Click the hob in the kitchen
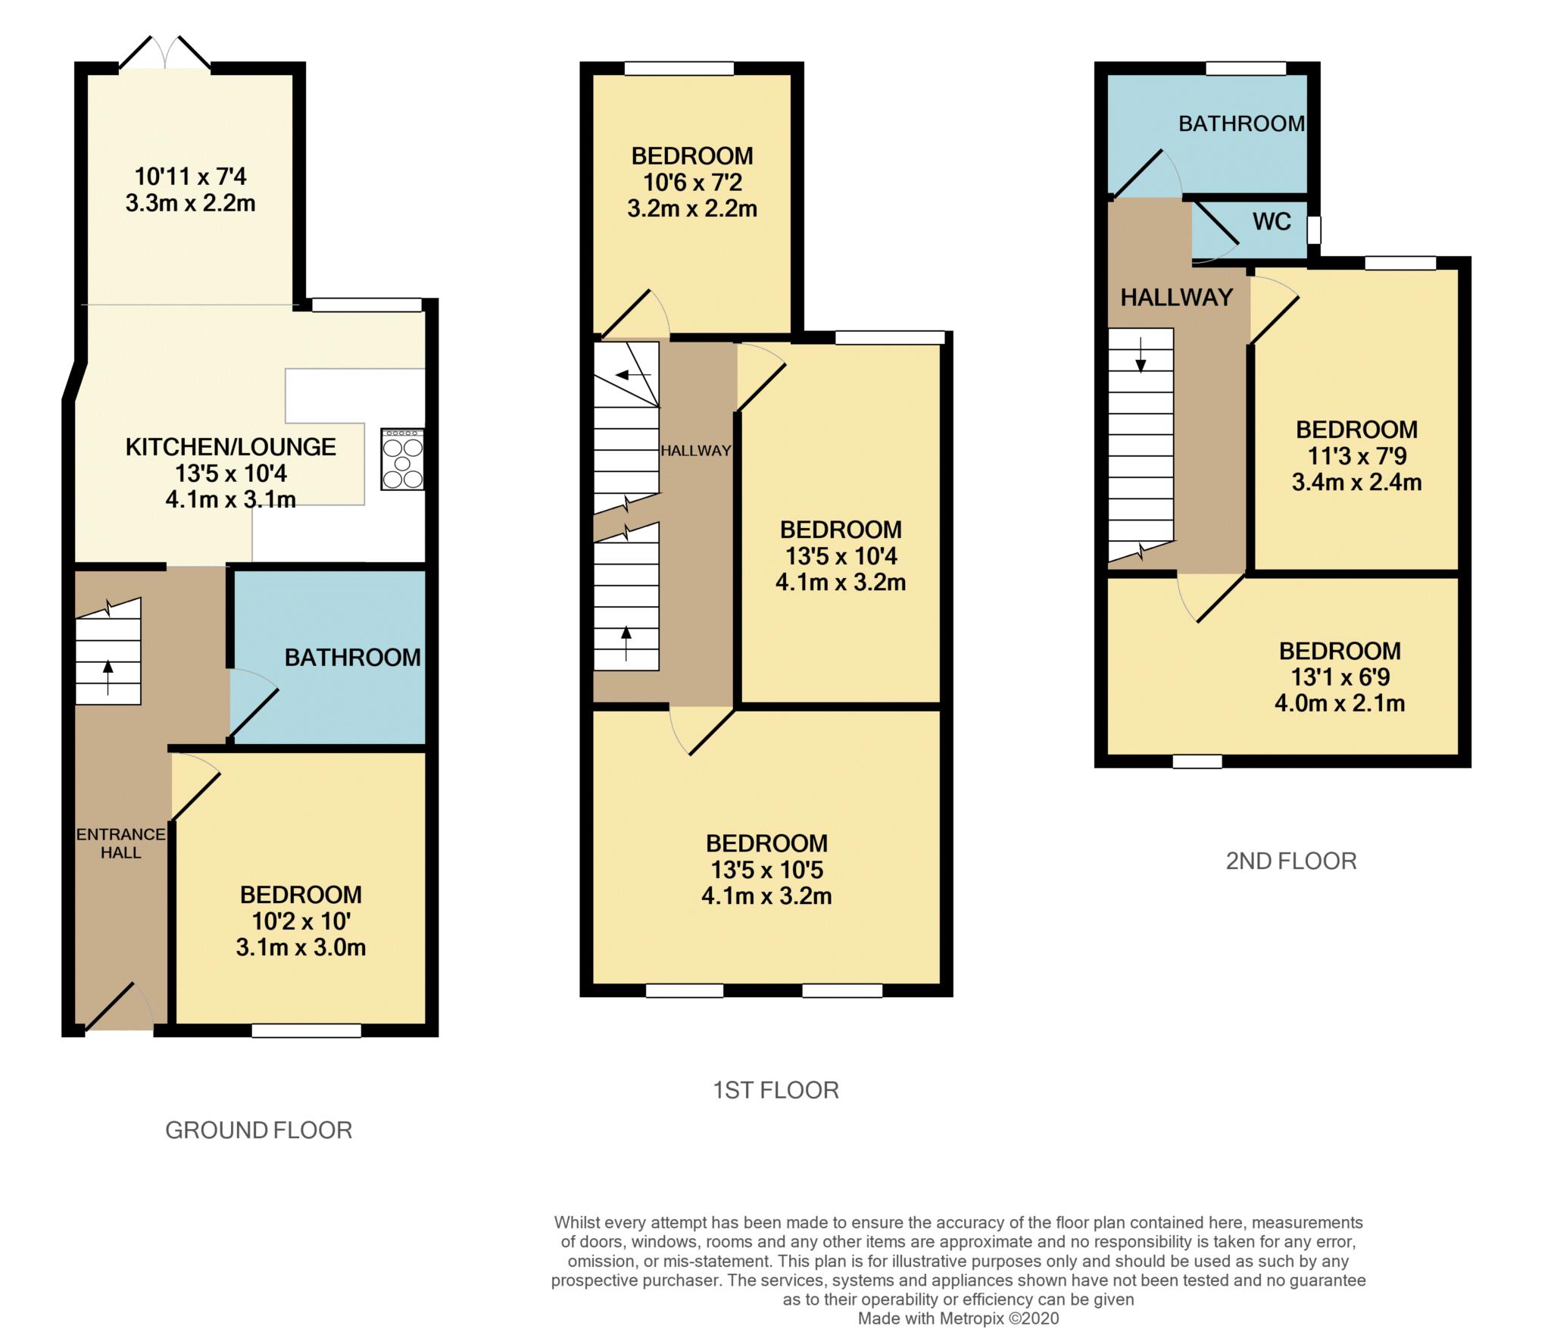point(403,460)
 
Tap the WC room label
point(1272,222)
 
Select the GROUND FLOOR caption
point(259,1130)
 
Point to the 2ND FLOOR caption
point(1291,861)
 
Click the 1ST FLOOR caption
point(776,1090)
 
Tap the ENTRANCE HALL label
point(121,843)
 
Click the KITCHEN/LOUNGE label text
point(230,447)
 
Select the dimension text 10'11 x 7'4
point(191,177)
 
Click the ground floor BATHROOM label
point(353,658)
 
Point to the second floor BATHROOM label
point(1242,123)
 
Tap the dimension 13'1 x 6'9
point(1340,677)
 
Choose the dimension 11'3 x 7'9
point(1357,456)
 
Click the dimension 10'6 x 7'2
point(692,183)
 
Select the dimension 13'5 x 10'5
point(766,870)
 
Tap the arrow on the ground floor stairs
point(108,677)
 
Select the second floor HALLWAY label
point(1177,298)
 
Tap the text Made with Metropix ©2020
point(959,1318)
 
